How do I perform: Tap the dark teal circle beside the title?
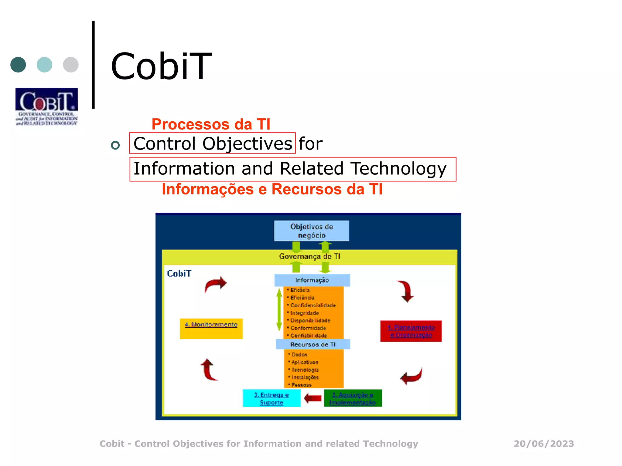[x=18, y=65]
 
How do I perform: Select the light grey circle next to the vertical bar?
[x=71, y=65]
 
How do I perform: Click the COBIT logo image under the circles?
[x=46, y=106]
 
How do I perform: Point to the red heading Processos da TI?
[x=211, y=124]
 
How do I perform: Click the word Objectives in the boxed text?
[x=247, y=144]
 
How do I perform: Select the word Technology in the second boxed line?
[x=398, y=169]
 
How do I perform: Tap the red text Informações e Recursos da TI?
[x=272, y=189]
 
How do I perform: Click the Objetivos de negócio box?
[x=311, y=231]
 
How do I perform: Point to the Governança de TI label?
[x=309, y=257]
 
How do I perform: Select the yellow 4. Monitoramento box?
[x=211, y=329]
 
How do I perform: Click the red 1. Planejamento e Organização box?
[x=411, y=331]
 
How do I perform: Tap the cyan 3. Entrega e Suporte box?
[x=272, y=398]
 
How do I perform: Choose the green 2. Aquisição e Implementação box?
[x=353, y=398]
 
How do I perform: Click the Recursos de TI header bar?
[x=313, y=344]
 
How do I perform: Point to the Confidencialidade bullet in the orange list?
[x=313, y=305]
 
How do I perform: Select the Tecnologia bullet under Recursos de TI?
[x=305, y=370]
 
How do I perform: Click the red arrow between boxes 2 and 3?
[x=313, y=398]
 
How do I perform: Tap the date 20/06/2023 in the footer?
[x=544, y=444]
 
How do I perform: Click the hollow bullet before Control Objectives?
[x=115, y=145]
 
